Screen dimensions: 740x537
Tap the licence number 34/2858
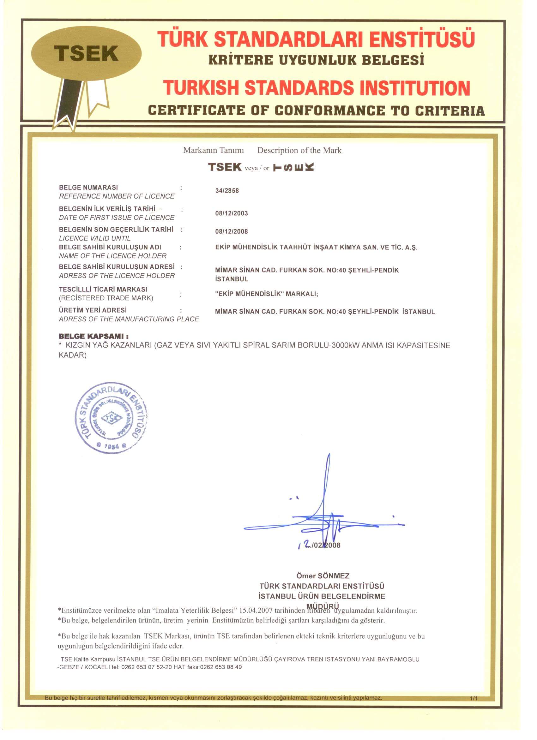[x=227, y=191]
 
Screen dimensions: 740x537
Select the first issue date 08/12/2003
[x=232, y=213]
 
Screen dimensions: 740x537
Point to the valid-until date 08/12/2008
[x=232, y=232]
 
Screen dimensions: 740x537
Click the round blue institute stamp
[x=111, y=418]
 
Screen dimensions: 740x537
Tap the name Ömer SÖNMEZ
[x=323, y=576]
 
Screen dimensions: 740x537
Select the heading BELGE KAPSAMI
[x=94, y=337]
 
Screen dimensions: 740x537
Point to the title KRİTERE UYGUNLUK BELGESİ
[x=316, y=60]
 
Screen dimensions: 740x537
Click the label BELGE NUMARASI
[x=88, y=188]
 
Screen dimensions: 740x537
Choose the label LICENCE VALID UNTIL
[x=95, y=238]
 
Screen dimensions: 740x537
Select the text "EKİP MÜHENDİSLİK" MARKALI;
[x=266, y=294]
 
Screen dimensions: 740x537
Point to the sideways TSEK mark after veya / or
[x=293, y=168]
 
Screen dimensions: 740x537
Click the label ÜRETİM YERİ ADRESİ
[x=93, y=310]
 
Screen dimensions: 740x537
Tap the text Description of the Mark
[x=299, y=150]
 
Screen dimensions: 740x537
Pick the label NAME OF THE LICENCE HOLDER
[x=113, y=256]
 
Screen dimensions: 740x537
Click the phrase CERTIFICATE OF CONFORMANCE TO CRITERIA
[x=316, y=110]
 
